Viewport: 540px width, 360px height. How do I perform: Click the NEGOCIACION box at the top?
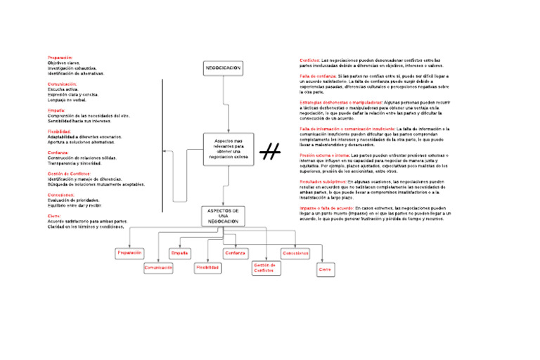pyautogui.click(x=223, y=67)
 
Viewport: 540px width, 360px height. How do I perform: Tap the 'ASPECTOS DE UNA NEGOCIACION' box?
pyautogui.click(x=223, y=216)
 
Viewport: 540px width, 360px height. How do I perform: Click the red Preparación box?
pyautogui.click(x=130, y=252)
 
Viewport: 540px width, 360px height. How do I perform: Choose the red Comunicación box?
pyautogui.click(x=158, y=268)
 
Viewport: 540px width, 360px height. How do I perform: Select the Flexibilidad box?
pyautogui.click(x=207, y=268)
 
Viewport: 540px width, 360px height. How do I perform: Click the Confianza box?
pyautogui.click(x=236, y=252)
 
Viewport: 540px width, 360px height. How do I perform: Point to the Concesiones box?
pyautogui.click(x=295, y=252)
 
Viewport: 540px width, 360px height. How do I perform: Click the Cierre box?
pyautogui.click(x=325, y=269)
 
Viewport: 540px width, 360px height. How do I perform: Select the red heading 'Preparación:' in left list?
pyautogui.click(x=60, y=57)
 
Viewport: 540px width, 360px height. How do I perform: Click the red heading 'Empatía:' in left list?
pyautogui.click(x=56, y=110)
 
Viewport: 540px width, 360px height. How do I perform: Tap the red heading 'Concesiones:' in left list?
pyautogui.click(x=61, y=195)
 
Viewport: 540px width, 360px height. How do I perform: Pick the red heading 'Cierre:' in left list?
pyautogui.click(x=54, y=216)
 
